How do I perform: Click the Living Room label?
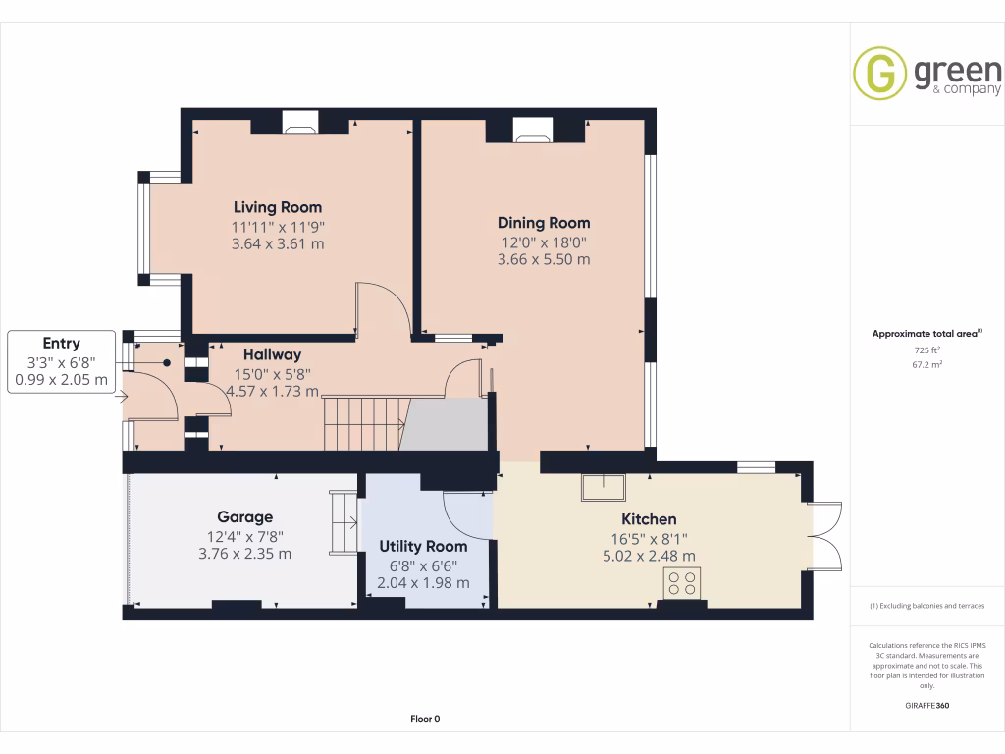[277, 207]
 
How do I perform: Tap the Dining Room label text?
[543, 223]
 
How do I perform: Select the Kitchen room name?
[649, 519]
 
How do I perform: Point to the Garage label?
[244, 517]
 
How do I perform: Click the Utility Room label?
[423, 546]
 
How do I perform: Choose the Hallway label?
[272, 354]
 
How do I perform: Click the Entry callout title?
[61, 343]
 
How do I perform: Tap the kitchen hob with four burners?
[680, 582]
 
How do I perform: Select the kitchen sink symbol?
[603, 487]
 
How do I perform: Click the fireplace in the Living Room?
[300, 122]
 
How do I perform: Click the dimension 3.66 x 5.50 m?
[543, 260]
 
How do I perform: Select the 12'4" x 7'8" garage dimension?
[244, 536]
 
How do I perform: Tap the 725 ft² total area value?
[926, 350]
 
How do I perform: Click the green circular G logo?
[879, 73]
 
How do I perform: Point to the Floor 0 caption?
[425, 719]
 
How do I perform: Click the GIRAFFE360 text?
[926, 705]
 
